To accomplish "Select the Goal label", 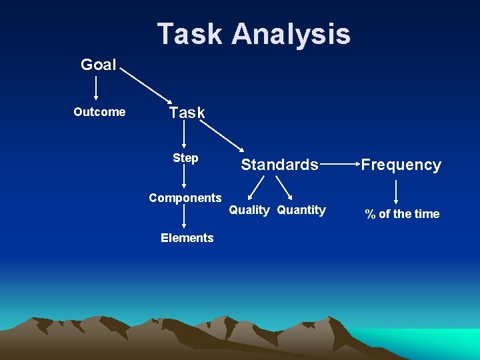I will coord(98,65).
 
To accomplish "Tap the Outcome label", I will coord(99,112).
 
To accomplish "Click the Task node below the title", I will coord(187,113).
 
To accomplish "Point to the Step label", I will coord(185,158).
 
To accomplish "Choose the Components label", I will coord(185,198).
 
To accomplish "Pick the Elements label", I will coord(187,238).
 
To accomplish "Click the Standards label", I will coord(279,165).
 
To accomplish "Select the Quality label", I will coord(249,211).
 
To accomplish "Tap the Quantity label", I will coord(301,211).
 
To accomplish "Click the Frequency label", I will coord(401,165).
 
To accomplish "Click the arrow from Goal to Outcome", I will coord(97,88).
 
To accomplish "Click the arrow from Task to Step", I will coord(185,135).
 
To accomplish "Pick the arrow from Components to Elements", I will coord(185,218).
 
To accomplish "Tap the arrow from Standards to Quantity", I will coord(285,188).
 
